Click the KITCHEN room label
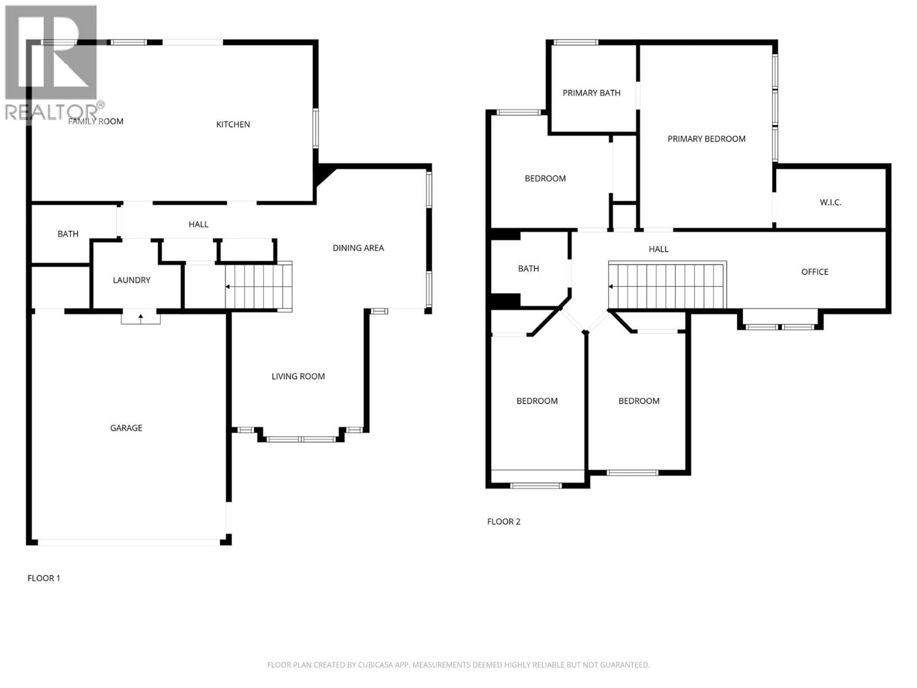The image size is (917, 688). (x=233, y=124)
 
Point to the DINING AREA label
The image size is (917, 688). (x=358, y=248)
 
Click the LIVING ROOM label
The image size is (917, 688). (x=298, y=376)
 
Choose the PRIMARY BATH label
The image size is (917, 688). (x=591, y=93)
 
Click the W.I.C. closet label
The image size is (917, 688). (x=830, y=202)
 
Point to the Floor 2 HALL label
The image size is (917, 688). (x=658, y=249)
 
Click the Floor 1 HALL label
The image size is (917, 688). (x=198, y=224)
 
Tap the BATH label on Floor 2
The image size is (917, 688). (x=528, y=269)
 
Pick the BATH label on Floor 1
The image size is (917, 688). (x=68, y=234)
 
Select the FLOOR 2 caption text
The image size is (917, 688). (x=503, y=522)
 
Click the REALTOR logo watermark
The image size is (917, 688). (x=52, y=62)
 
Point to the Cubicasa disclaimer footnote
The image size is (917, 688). (x=458, y=665)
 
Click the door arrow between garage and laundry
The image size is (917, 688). (x=140, y=318)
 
